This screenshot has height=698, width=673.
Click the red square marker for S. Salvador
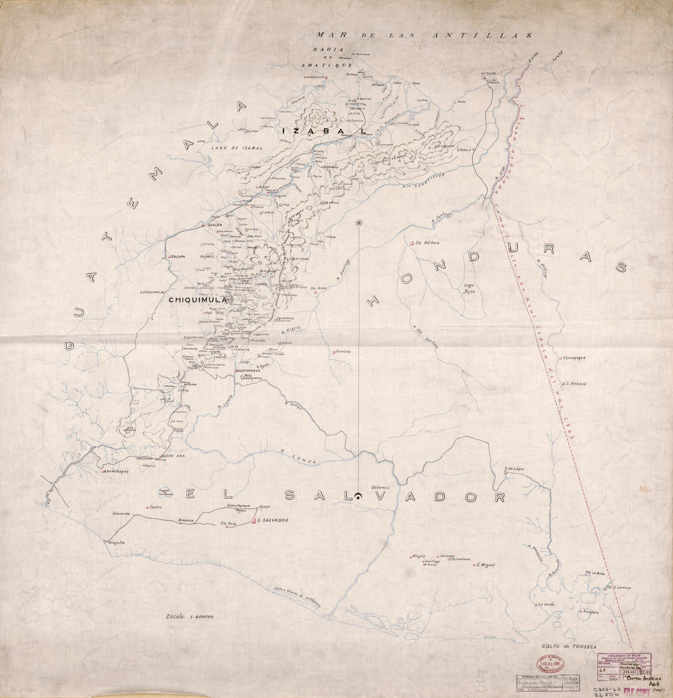(253, 521)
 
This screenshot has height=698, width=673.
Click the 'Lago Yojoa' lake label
(468, 288)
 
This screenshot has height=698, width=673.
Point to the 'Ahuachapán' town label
(119, 471)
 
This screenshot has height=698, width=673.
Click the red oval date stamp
(552, 664)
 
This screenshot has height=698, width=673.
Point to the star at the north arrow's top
(359, 223)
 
